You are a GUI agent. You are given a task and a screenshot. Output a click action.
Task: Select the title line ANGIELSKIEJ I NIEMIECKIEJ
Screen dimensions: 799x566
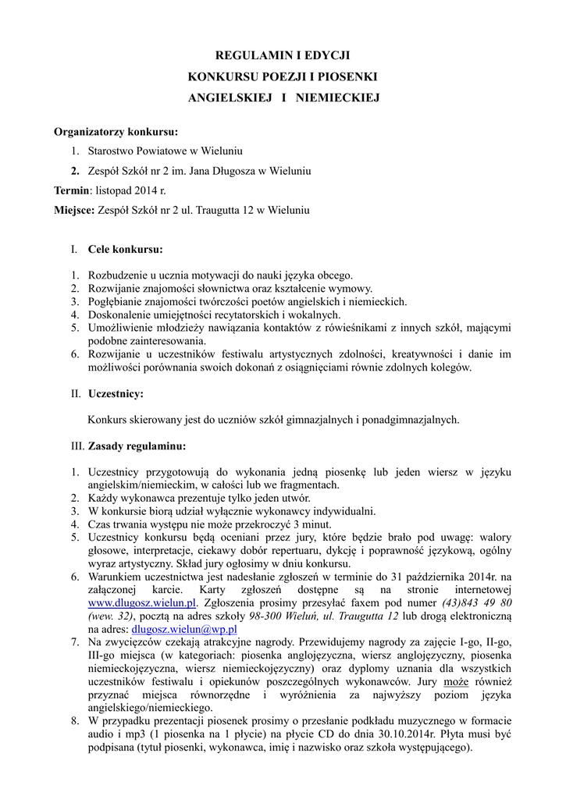(x=283, y=98)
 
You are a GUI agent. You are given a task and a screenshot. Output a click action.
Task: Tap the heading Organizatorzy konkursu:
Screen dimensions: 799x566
(x=116, y=130)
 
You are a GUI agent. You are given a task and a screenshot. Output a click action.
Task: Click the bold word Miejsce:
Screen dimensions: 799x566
(x=74, y=210)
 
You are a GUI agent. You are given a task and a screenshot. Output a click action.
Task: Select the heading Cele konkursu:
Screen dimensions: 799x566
(x=126, y=250)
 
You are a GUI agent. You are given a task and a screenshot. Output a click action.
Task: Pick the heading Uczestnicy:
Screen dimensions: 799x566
(x=116, y=394)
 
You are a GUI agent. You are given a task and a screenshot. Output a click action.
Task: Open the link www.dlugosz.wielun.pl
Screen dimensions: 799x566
(x=141, y=603)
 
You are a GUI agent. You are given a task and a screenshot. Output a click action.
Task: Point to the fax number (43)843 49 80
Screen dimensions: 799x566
(x=477, y=603)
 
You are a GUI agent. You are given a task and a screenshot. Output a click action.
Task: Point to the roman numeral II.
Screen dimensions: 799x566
(x=75, y=394)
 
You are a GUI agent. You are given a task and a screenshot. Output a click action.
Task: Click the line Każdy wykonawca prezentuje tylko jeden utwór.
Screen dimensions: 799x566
(x=199, y=499)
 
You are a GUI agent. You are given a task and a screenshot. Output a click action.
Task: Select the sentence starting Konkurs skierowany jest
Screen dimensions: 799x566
(x=274, y=420)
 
